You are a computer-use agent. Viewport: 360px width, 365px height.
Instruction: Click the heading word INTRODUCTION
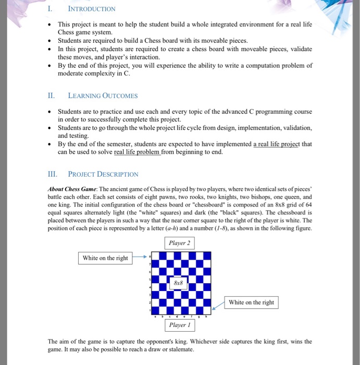(92, 9)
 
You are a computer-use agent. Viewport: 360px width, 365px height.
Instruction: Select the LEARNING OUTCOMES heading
(103, 95)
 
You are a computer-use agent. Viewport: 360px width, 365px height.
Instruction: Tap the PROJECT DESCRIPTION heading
(103, 174)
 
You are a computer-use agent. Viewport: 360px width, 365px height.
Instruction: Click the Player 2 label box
(180, 243)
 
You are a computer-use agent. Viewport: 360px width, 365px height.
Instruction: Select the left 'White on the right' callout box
(105, 258)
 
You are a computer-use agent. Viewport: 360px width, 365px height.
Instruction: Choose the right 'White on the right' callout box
(251, 302)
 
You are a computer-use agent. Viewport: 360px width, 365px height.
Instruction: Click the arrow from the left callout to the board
(140, 257)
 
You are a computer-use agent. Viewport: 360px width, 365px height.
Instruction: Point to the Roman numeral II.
(51, 95)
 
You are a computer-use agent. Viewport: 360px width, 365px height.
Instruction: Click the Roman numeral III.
(53, 174)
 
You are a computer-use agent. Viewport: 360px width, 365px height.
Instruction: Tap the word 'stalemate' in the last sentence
(179, 349)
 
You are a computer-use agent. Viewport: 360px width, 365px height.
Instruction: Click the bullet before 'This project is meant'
(49, 25)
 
